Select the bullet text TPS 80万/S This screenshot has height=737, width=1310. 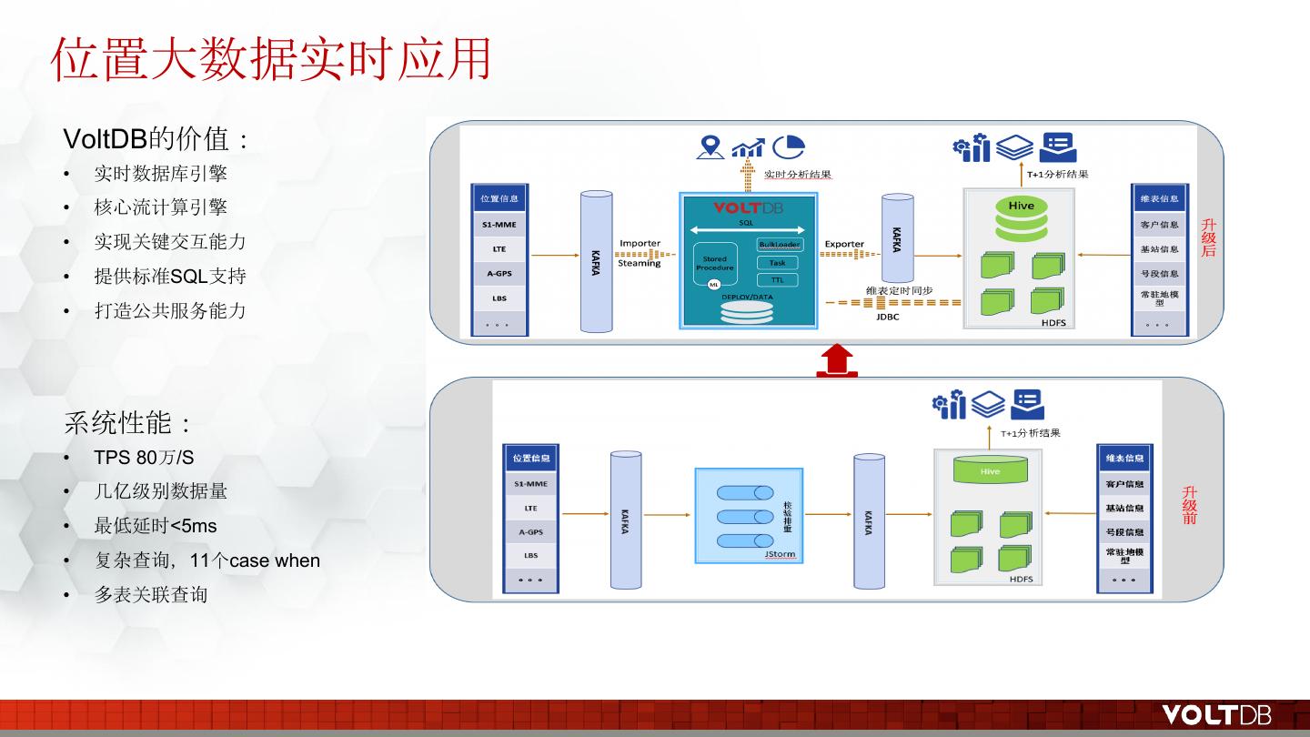tap(144, 457)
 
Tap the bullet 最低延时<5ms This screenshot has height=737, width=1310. tap(156, 526)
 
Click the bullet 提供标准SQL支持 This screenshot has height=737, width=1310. tap(170, 276)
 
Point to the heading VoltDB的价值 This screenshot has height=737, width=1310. tap(156, 139)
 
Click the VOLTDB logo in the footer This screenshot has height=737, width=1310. tap(1216, 715)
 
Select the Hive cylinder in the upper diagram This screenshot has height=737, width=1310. tap(1021, 218)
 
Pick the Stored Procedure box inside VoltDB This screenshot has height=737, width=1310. tap(715, 263)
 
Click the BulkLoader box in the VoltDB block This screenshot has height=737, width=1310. tap(779, 245)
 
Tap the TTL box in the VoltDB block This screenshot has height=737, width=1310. tap(777, 279)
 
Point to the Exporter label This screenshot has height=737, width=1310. tap(844, 244)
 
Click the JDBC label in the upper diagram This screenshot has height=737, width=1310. tap(888, 318)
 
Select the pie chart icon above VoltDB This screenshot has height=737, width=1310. tap(789, 146)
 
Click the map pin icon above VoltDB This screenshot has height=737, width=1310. tap(710, 146)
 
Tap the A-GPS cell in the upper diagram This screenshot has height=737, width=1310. tap(499, 273)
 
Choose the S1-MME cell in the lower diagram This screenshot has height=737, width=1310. tap(530, 484)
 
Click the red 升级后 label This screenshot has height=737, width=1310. tap(1208, 237)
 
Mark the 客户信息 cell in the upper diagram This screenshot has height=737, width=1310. tap(1159, 224)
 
